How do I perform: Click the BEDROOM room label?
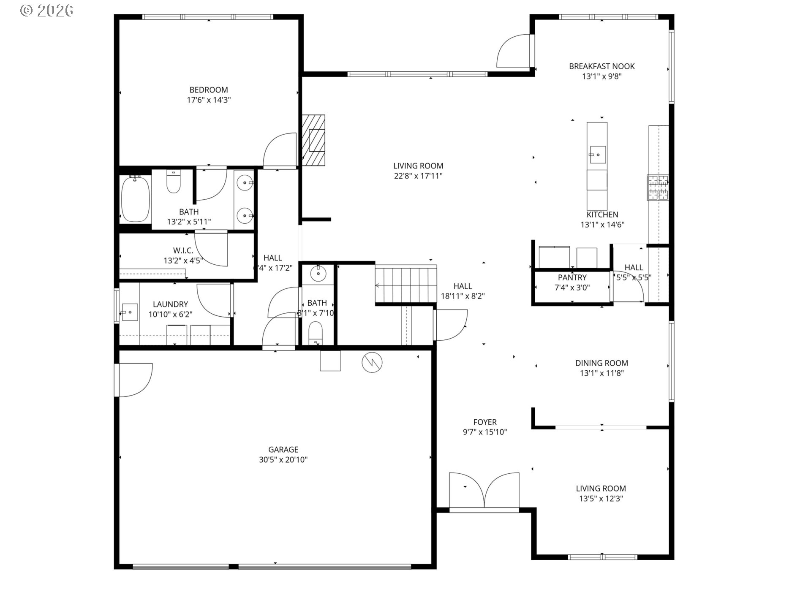209,90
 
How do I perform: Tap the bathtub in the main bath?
136,199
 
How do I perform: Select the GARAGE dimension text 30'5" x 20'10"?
283,460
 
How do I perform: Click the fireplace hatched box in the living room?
313,140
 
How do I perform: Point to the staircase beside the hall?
406,284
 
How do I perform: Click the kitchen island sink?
597,155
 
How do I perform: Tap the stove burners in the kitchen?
658,187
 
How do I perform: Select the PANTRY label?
572,277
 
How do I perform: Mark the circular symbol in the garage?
372,362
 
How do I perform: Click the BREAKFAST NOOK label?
601,66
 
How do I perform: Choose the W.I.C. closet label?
183,251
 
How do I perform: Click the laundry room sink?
130,312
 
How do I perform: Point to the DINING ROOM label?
601,363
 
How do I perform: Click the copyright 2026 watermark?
46,10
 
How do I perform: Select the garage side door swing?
134,380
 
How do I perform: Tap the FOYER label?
485,422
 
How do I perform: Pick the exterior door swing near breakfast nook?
513,51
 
